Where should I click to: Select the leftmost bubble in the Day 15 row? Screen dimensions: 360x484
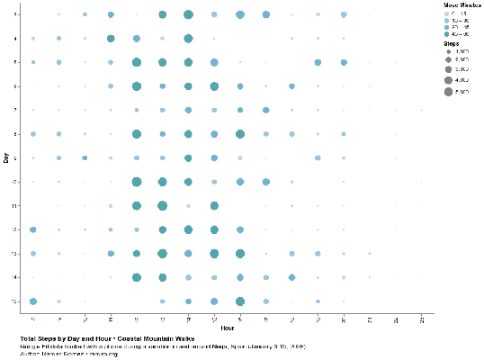point(33,301)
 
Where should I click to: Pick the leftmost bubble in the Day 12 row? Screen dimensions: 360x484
point(33,229)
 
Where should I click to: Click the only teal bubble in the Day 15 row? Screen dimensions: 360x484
point(240,301)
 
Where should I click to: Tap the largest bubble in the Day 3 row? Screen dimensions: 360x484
point(188,15)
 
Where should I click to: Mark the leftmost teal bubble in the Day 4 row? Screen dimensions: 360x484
point(111,39)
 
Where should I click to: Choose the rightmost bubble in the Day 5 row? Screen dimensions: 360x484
point(345,62)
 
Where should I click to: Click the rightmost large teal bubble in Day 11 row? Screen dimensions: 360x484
point(214,205)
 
